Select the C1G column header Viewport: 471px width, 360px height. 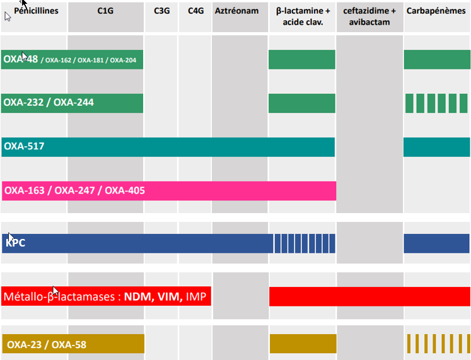point(105,11)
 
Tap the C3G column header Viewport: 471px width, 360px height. point(161,11)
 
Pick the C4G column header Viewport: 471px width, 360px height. point(195,11)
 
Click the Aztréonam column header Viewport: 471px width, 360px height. point(236,11)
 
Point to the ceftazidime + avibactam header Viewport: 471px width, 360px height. point(370,16)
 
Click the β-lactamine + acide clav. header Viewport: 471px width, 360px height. point(303,16)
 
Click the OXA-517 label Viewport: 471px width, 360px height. point(24,147)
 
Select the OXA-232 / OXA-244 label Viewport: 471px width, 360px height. point(49,102)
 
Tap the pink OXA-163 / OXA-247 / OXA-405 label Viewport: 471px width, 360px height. point(74,190)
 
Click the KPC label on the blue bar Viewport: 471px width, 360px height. point(16,243)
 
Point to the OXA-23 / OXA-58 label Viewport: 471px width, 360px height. point(46,344)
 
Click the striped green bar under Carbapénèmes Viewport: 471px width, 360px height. point(435,103)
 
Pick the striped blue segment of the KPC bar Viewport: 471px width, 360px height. point(304,243)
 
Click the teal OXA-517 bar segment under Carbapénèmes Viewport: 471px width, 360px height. point(436,147)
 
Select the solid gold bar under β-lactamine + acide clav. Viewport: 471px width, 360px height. point(303,344)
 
